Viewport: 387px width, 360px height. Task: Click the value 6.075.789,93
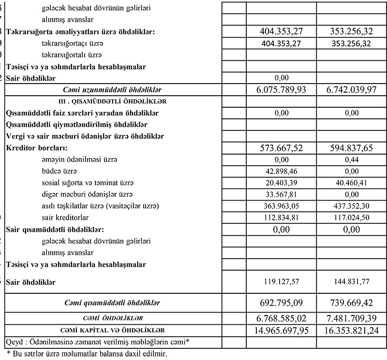tap(281, 90)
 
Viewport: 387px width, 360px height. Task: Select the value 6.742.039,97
tap(352, 90)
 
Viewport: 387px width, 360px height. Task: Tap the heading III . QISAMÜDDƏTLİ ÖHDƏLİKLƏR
tap(112, 101)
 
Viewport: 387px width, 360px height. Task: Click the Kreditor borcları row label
tap(37, 148)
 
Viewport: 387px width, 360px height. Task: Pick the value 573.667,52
tap(281, 148)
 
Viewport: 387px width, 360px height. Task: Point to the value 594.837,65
tap(352, 148)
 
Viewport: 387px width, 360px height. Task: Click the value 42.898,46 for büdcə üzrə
tap(281, 172)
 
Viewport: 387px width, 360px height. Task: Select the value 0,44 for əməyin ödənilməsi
tap(352, 160)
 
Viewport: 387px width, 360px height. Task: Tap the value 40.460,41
tap(352, 183)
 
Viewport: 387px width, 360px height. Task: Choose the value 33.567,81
tap(281, 195)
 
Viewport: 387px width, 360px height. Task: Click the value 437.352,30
tap(352, 206)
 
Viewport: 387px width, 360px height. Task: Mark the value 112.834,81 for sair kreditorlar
tap(281, 218)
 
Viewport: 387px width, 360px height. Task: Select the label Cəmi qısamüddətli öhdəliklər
tap(112, 303)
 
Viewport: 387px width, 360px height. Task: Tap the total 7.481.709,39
tap(352, 318)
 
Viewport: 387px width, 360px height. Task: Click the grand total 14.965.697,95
tap(281, 330)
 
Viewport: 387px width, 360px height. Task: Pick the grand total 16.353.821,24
tap(352, 330)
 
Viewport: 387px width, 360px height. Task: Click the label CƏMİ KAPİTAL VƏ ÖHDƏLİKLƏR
tap(112, 330)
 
